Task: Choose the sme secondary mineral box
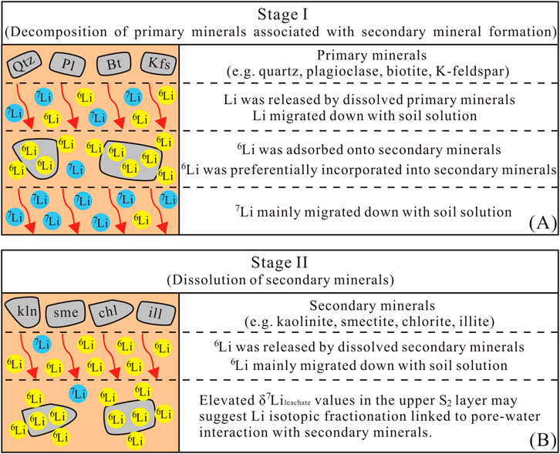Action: point(69,311)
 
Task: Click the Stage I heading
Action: point(279,15)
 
